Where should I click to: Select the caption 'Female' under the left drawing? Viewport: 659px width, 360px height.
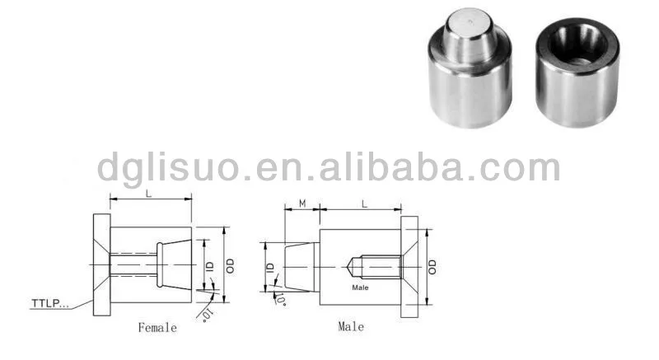pos(157,328)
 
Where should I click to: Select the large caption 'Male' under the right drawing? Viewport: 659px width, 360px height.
pos(351,327)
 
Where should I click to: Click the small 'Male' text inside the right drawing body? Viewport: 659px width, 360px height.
pos(360,288)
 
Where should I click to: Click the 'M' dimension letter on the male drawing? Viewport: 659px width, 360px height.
pos(301,203)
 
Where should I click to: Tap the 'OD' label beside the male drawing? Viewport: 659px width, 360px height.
pos(433,265)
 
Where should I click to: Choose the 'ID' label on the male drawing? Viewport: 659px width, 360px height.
pos(269,267)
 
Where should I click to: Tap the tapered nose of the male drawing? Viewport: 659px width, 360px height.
pos(298,265)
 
